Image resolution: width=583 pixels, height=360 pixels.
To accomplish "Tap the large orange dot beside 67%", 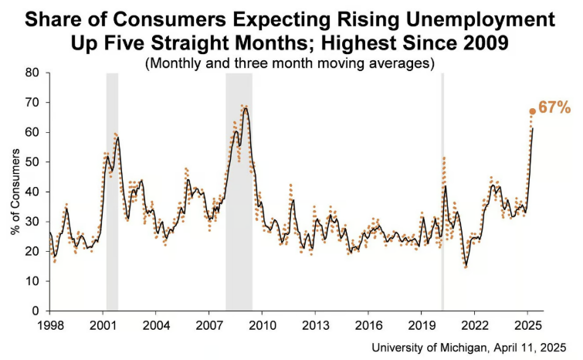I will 532,111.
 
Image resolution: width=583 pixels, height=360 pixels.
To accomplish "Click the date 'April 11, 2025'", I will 534,347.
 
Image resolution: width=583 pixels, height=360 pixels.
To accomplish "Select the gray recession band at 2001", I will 112,193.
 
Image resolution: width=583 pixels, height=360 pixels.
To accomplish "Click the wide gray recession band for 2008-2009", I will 239,193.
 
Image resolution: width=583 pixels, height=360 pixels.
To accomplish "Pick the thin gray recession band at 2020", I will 442,193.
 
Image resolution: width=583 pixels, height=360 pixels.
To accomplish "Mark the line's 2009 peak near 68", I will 246,107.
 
